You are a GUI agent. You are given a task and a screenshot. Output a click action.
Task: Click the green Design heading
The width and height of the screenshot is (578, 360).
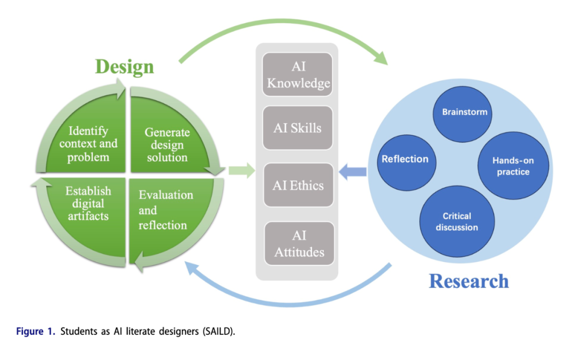coord(124,67)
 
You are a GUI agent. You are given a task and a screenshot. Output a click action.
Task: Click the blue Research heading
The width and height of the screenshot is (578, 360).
coord(468,281)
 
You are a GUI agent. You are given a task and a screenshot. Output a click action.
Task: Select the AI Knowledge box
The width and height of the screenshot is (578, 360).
coord(298,74)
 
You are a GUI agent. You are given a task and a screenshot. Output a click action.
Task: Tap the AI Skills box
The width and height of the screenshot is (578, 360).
coord(298,128)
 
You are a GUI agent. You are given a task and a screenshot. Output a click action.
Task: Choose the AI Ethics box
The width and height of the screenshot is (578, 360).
coord(298,186)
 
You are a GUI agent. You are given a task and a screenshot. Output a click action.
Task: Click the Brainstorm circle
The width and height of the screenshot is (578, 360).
coord(464,112)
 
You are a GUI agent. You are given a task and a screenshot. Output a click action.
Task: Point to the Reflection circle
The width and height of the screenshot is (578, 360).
coord(405,159)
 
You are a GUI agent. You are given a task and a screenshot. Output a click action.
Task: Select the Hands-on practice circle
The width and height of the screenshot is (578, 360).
coord(513,166)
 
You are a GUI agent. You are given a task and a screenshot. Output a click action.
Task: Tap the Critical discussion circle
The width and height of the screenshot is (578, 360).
coord(457,221)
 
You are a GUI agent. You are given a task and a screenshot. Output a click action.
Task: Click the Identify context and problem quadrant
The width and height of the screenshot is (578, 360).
coord(88,143)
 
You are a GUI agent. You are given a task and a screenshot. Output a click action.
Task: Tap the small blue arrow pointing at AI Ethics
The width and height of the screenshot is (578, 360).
coord(354,172)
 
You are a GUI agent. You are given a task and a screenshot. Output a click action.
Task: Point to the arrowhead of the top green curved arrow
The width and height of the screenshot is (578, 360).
coord(381,57)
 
